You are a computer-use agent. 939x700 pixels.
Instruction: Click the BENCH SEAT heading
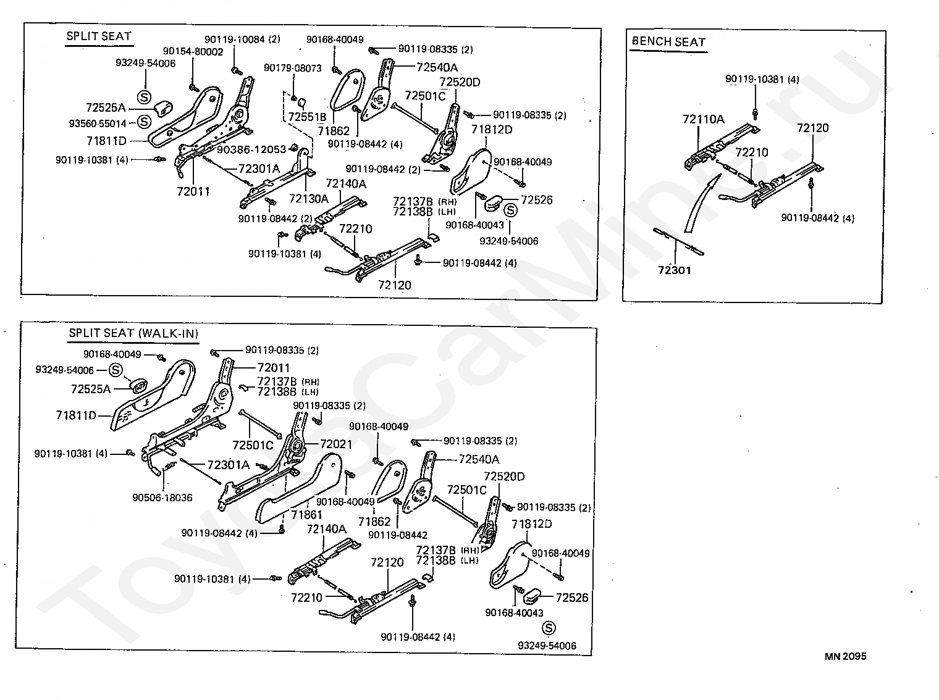click(x=668, y=42)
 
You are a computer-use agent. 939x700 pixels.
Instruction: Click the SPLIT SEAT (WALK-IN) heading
click(x=133, y=333)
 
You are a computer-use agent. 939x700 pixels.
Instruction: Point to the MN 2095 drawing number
click(x=845, y=656)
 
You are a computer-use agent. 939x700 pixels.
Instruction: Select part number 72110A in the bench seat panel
click(x=703, y=119)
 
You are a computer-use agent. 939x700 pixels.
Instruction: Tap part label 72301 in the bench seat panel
click(x=675, y=270)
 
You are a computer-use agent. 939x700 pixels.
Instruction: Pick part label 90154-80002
click(x=193, y=52)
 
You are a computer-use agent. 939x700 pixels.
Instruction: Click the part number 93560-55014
click(x=97, y=123)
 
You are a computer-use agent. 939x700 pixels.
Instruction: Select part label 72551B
click(x=307, y=116)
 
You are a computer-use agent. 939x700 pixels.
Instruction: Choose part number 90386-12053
click(x=251, y=149)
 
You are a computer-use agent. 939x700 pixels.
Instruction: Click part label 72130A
click(x=308, y=198)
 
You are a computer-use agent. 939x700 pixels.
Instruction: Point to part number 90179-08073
click(x=293, y=68)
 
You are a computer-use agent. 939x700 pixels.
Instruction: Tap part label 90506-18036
click(x=162, y=497)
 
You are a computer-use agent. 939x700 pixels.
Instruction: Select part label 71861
click(x=307, y=514)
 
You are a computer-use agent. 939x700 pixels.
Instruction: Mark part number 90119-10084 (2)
click(x=243, y=40)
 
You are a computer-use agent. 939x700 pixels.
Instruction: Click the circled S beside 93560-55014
click(x=143, y=122)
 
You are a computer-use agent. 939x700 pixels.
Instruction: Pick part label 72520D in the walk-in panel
click(x=504, y=477)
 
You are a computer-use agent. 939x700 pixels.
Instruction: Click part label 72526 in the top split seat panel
click(x=536, y=200)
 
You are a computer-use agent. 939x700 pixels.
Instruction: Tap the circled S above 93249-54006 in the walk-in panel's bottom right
click(x=548, y=628)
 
